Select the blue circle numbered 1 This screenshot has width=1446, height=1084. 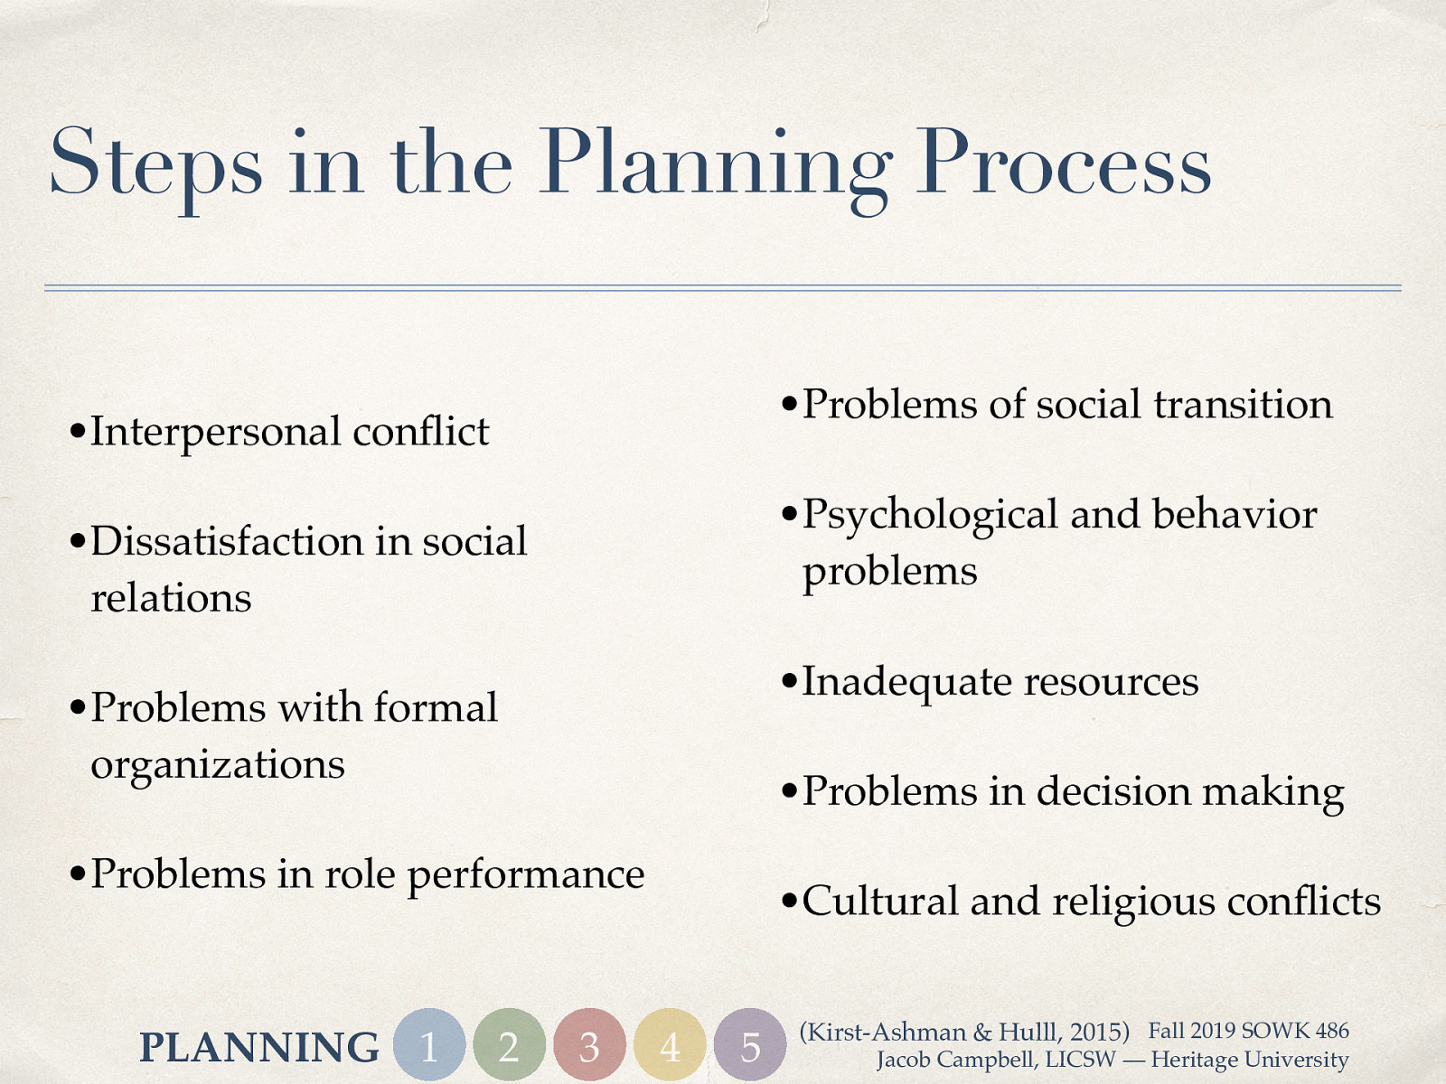[x=429, y=1045]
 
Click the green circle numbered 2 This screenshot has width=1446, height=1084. [x=509, y=1045]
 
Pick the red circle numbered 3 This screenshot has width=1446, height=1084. [x=589, y=1045]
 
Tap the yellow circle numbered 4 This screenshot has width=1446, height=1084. [x=670, y=1045]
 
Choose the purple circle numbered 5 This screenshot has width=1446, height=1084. [x=750, y=1045]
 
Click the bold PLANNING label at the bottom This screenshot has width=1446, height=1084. [x=259, y=1047]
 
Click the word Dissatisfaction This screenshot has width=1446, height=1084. [x=225, y=541]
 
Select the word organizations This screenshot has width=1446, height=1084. [x=218, y=765]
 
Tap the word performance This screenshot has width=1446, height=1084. [x=526, y=874]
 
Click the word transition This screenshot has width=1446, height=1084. [x=1243, y=404]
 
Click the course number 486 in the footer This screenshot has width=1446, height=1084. [x=1332, y=1031]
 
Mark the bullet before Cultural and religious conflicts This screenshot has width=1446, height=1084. [x=790, y=902]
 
